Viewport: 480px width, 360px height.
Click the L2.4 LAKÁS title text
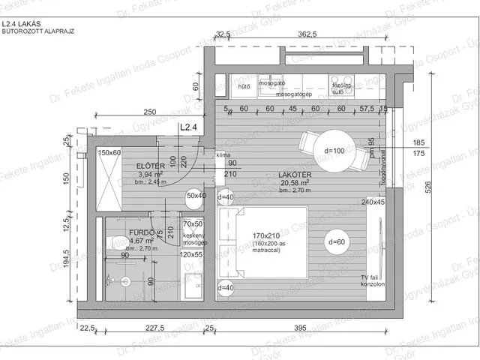tap(21, 24)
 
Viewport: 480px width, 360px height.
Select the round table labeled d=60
tap(336, 241)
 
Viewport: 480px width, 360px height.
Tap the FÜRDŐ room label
tap(119, 232)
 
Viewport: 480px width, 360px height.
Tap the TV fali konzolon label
tap(372, 281)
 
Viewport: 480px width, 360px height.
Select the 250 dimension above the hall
tap(150, 112)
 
